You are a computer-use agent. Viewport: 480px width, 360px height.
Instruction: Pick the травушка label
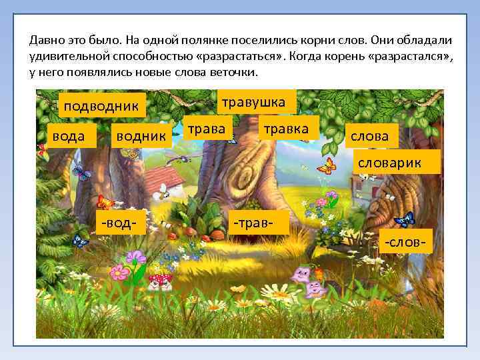click(253, 102)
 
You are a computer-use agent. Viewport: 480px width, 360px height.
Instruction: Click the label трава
click(207, 127)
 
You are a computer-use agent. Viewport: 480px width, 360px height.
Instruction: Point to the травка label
click(286, 128)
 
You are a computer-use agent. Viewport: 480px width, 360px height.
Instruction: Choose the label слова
click(369, 136)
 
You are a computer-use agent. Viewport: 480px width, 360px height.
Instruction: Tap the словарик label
click(398, 162)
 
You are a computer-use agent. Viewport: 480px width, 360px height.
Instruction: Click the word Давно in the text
click(49, 40)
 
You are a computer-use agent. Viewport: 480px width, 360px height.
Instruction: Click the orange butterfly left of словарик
click(326, 165)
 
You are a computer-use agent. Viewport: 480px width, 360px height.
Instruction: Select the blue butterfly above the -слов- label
click(404, 218)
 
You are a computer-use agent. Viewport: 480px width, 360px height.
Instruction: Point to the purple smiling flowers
click(306, 280)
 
